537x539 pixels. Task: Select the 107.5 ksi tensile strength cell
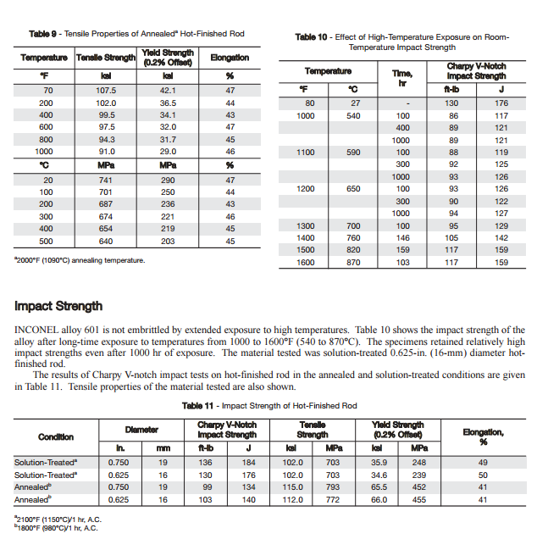point(106,90)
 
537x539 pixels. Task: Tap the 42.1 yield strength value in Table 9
point(168,90)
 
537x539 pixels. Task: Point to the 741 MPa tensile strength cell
point(106,181)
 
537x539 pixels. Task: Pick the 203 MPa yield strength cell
point(168,241)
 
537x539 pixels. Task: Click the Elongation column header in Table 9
point(230,58)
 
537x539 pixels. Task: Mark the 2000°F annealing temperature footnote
point(80,260)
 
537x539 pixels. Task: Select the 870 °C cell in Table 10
point(355,263)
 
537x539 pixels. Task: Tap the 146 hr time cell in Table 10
point(402,238)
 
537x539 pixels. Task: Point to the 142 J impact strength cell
point(501,238)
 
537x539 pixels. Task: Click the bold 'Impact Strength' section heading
point(58,306)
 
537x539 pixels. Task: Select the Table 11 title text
point(269,406)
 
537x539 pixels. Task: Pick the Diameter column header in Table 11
point(141,431)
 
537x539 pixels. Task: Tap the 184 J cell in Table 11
point(248,463)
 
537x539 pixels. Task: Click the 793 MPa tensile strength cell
point(334,487)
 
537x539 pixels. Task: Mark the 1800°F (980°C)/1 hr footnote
point(56,529)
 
